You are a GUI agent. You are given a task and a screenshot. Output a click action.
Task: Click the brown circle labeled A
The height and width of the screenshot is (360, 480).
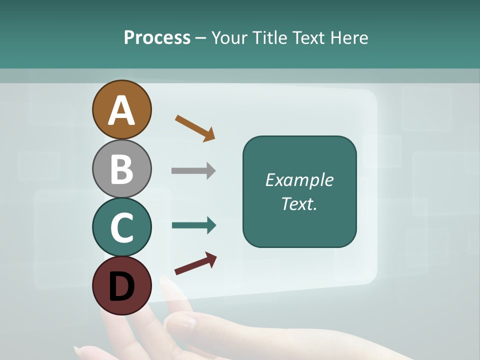121,109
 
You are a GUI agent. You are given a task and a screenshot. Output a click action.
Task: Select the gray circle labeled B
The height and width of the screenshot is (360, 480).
121,168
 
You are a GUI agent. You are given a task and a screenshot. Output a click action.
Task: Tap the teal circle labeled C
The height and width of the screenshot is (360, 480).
121,227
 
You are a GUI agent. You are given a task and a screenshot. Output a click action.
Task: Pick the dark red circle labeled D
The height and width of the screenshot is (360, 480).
121,285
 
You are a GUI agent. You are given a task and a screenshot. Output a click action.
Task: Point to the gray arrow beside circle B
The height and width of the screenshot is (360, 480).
193,170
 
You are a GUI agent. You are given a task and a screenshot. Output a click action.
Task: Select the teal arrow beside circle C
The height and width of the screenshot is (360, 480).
194,225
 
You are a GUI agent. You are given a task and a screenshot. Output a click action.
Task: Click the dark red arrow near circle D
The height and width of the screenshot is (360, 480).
195,263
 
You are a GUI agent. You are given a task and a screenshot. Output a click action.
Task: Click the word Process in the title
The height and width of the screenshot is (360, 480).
157,38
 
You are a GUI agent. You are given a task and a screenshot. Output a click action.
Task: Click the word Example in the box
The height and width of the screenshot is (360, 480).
299,180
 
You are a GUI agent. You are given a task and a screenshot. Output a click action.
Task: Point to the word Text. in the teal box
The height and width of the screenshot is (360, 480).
299,204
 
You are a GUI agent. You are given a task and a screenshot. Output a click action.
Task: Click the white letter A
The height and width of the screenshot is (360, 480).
121,110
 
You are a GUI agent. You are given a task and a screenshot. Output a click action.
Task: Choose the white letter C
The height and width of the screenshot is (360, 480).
121,227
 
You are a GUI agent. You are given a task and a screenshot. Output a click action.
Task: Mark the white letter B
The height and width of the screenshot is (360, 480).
121,169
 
